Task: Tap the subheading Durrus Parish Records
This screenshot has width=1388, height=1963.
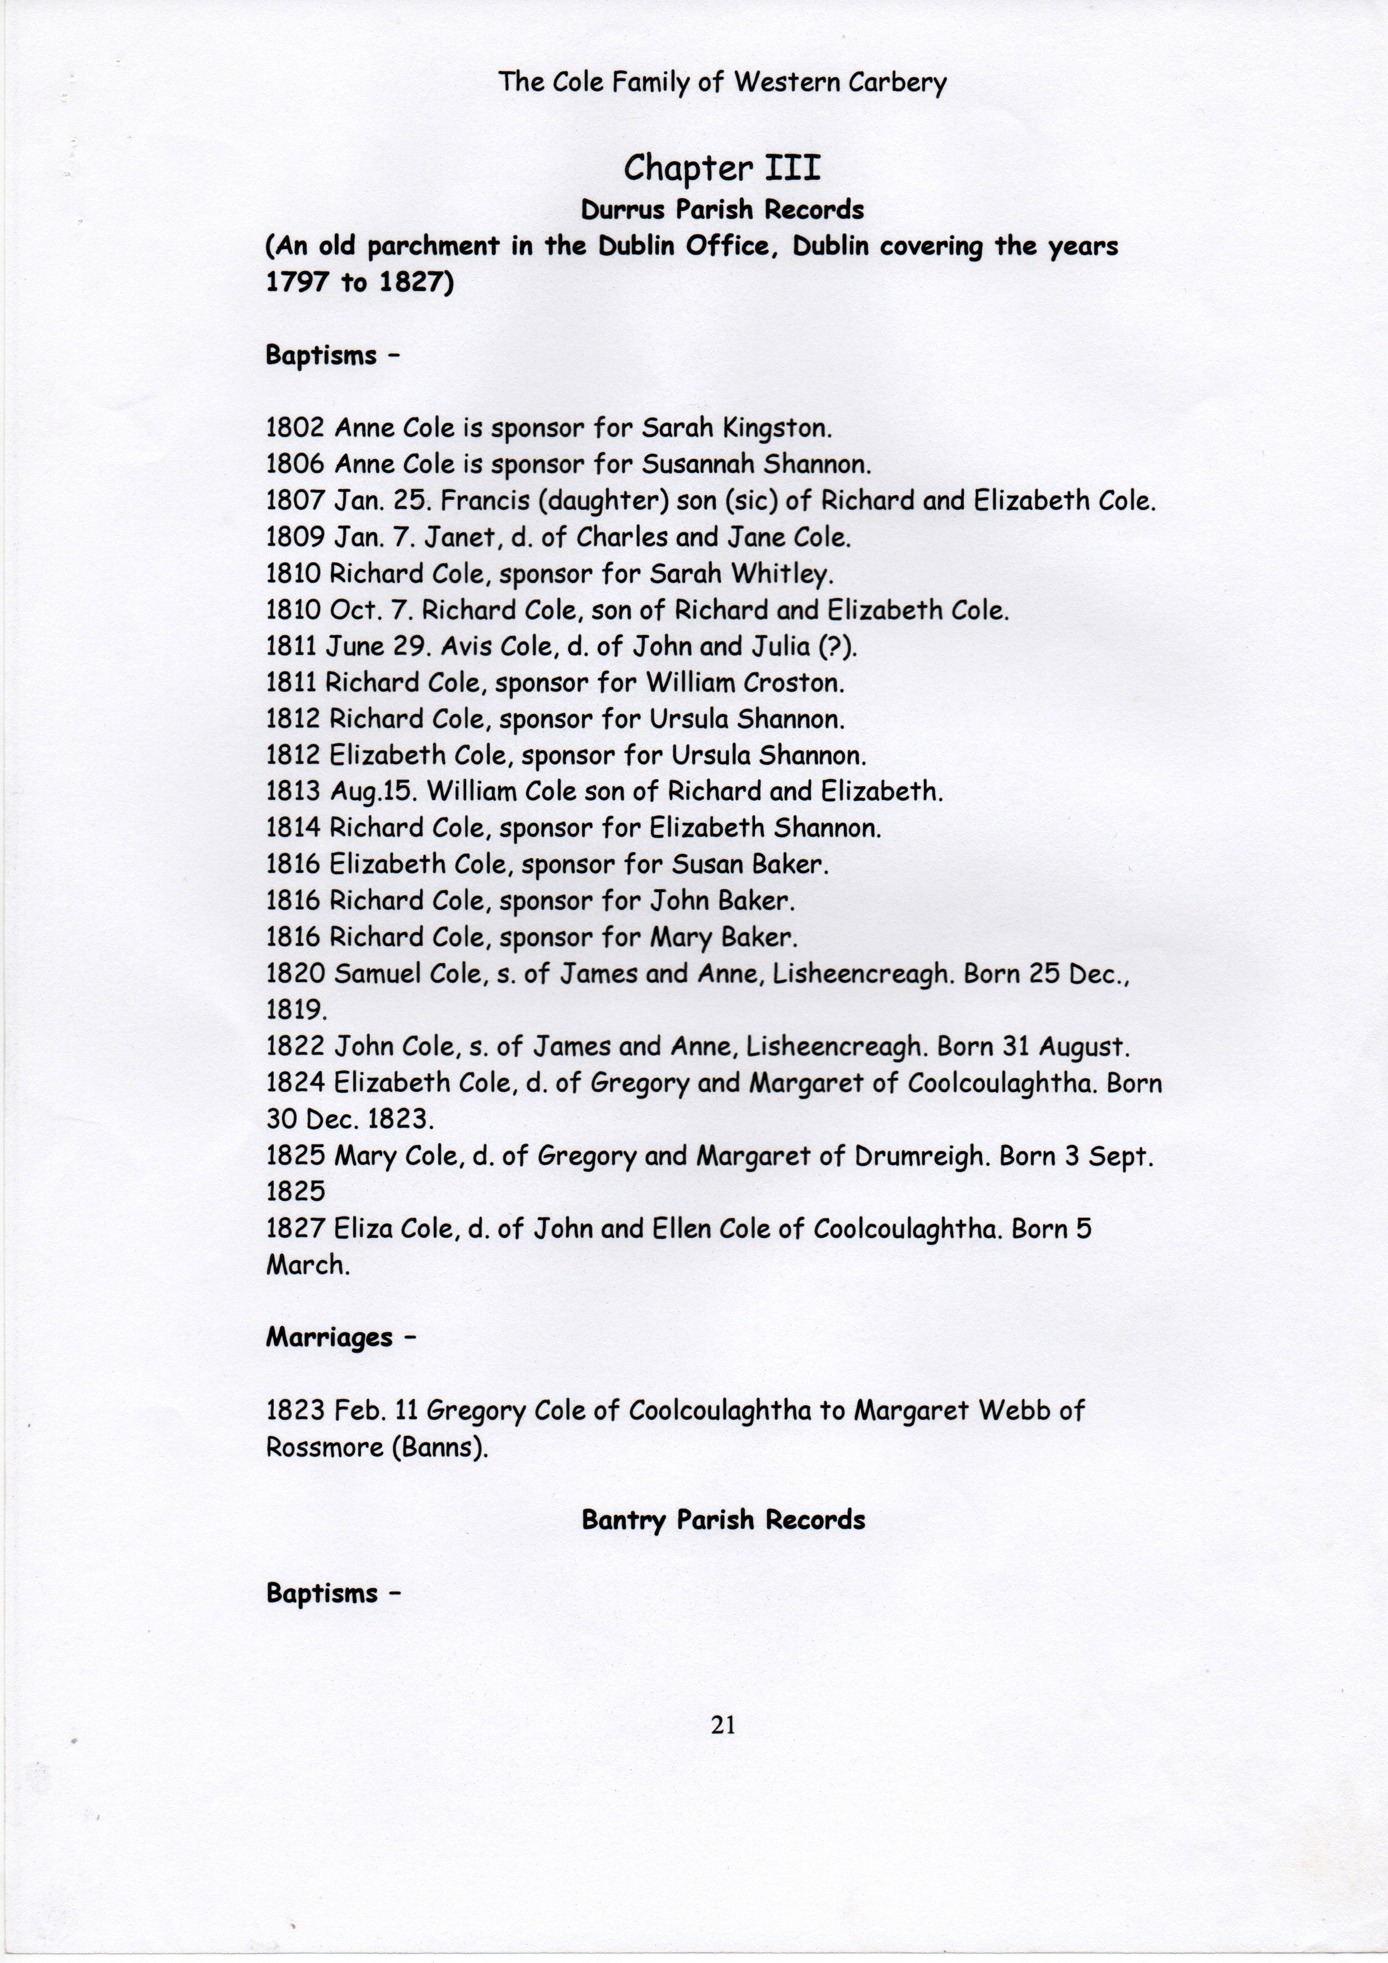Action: (x=722, y=209)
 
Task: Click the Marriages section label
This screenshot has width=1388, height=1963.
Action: (x=329, y=1337)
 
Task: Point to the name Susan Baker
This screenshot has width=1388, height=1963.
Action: (x=749, y=865)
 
